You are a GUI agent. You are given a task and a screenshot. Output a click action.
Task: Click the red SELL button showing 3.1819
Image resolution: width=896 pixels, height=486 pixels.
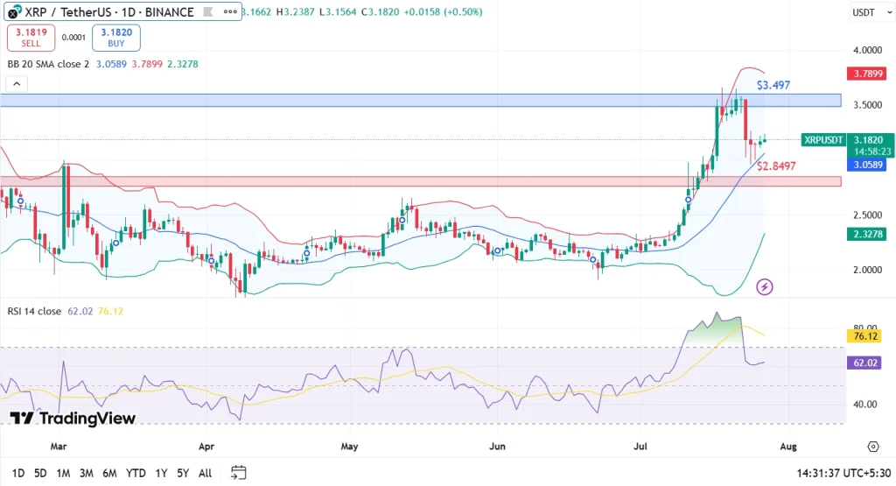point(31,38)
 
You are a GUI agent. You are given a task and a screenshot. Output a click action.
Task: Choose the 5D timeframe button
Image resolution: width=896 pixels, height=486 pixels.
point(40,473)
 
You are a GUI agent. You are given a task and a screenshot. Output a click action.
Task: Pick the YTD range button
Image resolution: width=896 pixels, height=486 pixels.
point(136,473)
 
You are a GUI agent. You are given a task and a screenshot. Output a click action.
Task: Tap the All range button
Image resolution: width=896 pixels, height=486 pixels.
point(205,473)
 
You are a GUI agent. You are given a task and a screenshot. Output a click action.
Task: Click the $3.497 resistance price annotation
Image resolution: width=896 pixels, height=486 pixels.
point(773,85)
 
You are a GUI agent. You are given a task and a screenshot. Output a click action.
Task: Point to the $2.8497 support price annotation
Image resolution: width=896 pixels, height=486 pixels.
point(776,166)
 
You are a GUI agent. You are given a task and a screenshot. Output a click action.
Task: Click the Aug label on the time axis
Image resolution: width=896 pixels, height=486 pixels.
point(787,446)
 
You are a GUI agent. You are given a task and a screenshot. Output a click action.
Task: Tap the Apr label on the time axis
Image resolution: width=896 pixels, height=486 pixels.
point(206,446)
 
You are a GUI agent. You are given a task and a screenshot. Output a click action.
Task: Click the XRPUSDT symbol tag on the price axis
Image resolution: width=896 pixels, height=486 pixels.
point(823,140)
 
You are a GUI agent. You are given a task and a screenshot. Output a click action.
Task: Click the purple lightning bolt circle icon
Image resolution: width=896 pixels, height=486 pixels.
point(765,286)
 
